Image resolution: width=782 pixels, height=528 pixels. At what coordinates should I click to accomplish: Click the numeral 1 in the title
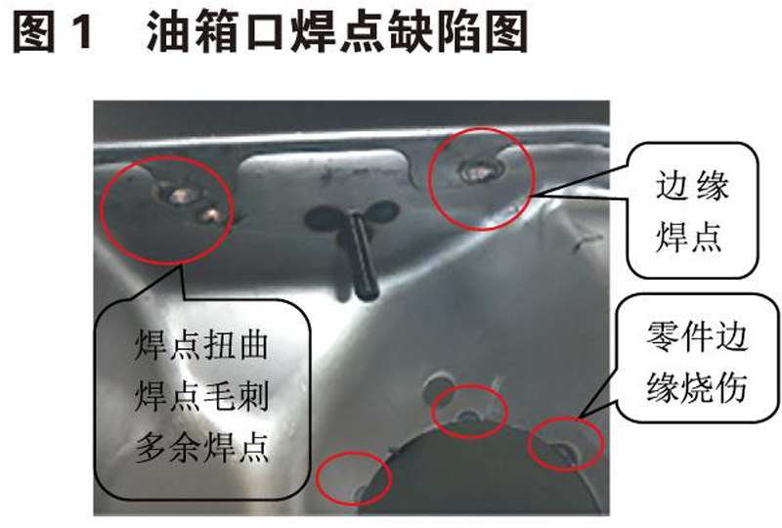click(x=80, y=33)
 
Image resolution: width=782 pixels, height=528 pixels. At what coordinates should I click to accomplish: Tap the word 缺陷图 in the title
click(x=456, y=33)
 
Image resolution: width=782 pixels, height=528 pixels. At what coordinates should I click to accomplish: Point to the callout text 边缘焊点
click(x=691, y=211)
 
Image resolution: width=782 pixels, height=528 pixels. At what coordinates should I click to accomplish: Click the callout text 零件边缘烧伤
click(x=696, y=362)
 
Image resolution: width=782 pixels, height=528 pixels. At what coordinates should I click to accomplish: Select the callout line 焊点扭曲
click(x=201, y=344)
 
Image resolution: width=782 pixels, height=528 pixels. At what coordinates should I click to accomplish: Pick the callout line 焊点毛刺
click(x=201, y=396)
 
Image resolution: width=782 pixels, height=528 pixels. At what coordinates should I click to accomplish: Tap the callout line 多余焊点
click(x=201, y=447)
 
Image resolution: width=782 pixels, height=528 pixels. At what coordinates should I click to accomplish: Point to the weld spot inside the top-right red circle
click(x=476, y=171)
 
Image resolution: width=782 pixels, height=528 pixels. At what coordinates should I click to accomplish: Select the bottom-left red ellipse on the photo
click(x=318, y=478)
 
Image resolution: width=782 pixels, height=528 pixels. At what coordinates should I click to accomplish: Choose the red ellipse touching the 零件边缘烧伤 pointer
click(x=530, y=444)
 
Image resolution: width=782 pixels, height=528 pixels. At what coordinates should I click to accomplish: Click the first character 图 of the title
click(x=33, y=33)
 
